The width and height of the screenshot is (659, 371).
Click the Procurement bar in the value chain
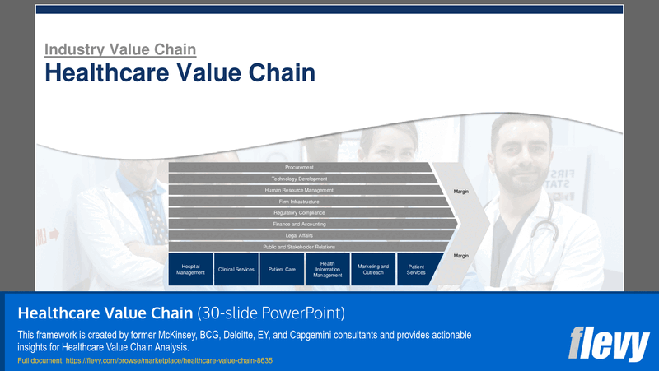(x=299, y=167)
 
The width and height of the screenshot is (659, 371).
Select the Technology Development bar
(x=299, y=179)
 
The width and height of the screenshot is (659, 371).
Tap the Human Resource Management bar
(x=299, y=190)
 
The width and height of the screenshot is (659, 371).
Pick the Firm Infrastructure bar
(x=299, y=202)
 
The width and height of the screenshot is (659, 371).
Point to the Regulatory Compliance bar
(x=299, y=213)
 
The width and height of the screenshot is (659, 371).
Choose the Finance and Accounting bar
(x=299, y=224)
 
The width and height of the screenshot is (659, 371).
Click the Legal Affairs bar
(x=299, y=235)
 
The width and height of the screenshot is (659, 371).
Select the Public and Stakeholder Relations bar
(x=299, y=247)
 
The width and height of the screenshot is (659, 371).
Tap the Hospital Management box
(x=190, y=269)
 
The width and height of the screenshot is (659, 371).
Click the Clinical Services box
(x=236, y=269)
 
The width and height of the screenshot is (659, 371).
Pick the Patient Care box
(x=282, y=269)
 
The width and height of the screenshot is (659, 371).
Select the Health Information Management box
(x=328, y=269)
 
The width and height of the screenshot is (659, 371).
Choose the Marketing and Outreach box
(x=373, y=269)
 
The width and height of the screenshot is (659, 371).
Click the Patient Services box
(x=417, y=269)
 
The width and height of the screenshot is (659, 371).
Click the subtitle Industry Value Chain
(x=119, y=49)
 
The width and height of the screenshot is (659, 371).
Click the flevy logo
(x=610, y=343)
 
